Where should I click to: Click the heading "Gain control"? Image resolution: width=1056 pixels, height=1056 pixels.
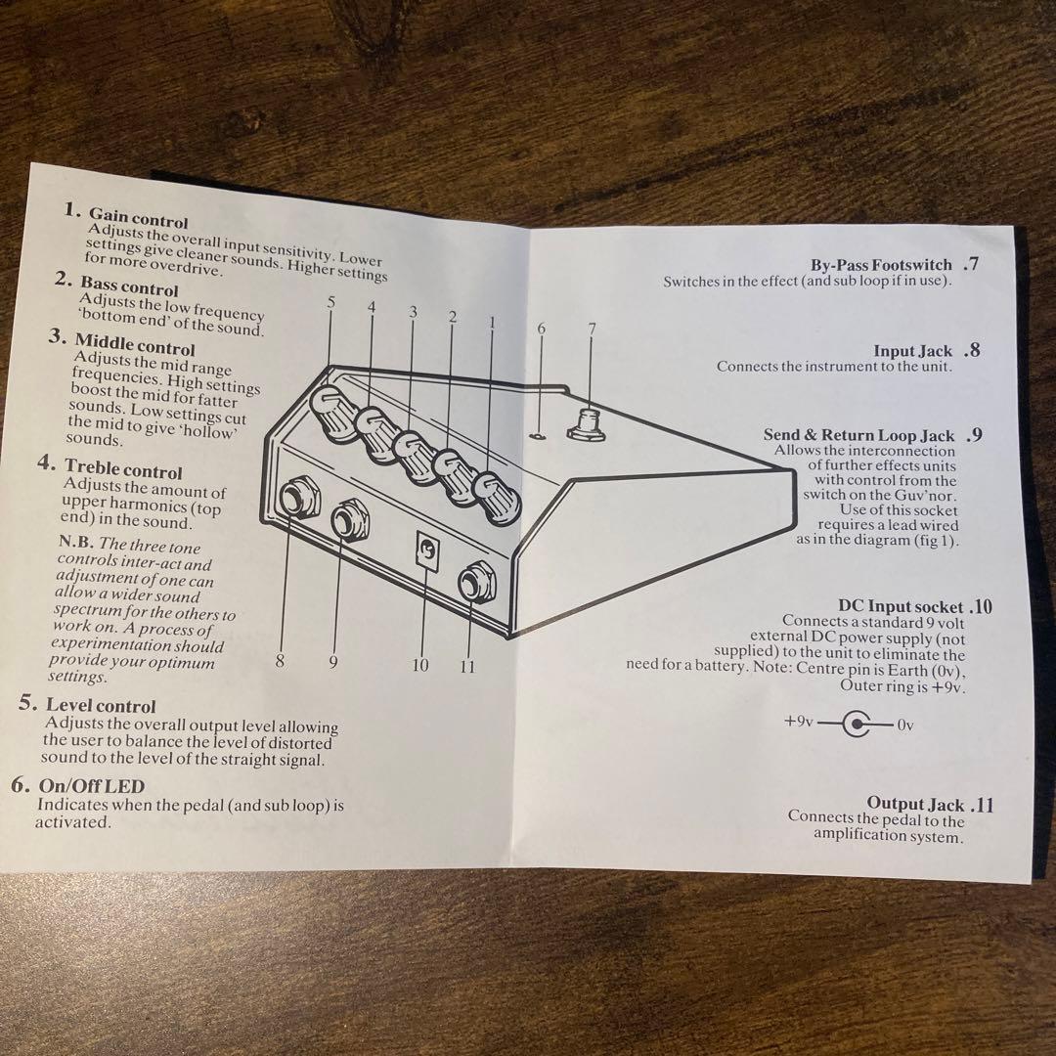click(138, 217)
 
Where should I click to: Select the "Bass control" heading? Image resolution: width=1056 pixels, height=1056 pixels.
click(129, 286)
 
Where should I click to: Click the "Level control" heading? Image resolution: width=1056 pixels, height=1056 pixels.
click(100, 705)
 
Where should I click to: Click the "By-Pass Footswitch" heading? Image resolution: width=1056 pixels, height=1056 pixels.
click(881, 265)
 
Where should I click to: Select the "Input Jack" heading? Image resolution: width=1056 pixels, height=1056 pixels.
click(912, 351)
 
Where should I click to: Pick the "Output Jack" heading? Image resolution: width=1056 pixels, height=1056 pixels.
click(915, 804)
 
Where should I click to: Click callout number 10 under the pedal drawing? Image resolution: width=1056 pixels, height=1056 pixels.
click(420, 666)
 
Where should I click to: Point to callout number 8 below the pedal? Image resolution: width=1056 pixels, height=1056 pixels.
click(280, 661)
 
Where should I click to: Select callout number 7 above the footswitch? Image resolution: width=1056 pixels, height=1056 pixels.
click(591, 330)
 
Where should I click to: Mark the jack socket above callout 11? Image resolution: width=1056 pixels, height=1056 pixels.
click(476, 584)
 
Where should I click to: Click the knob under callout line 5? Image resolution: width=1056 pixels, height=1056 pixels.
click(330, 406)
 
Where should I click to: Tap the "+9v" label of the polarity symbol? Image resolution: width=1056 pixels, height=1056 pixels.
click(798, 723)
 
